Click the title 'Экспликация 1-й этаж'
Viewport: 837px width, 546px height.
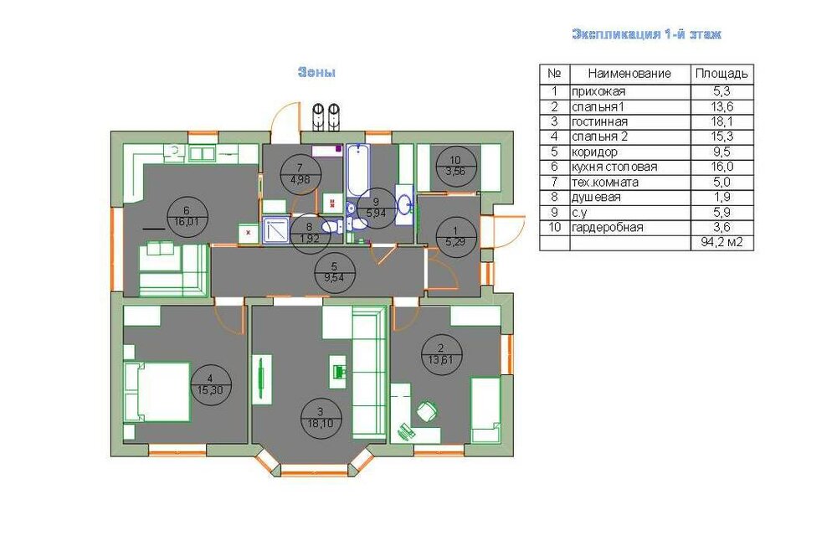(646, 34)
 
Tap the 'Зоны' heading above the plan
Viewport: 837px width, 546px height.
(316, 72)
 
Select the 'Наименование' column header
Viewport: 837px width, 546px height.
(629, 73)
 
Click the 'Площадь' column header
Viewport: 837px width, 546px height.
(721, 74)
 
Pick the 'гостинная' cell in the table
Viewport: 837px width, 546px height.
(599, 121)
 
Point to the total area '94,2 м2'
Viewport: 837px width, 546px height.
(721, 243)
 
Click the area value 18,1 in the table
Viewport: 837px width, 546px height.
(721, 121)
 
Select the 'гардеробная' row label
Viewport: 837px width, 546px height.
(608, 228)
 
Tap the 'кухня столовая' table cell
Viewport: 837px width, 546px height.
(614, 167)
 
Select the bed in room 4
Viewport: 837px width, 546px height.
(157, 392)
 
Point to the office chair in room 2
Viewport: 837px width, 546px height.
(426, 411)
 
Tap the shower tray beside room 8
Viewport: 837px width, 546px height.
(276, 230)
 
